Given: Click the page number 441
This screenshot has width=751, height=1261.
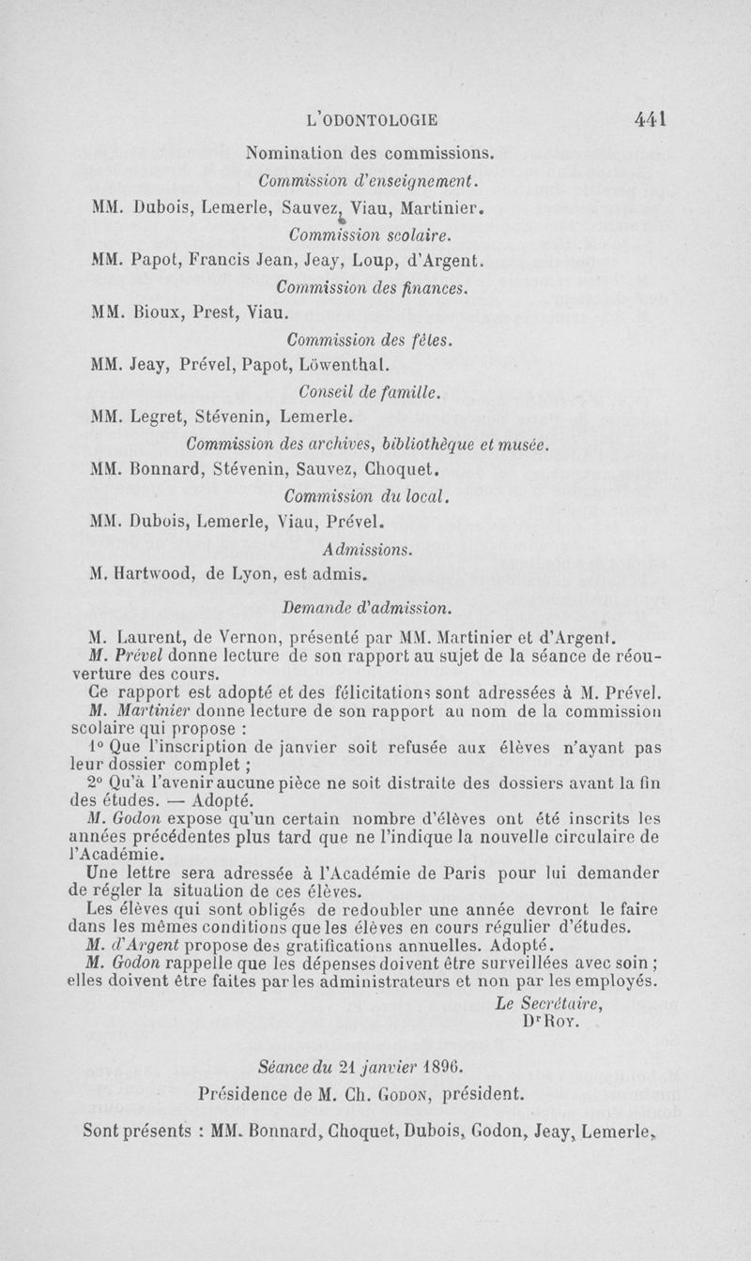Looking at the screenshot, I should [x=650, y=119].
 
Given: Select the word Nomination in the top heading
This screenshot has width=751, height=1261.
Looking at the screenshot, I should [x=290, y=151].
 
